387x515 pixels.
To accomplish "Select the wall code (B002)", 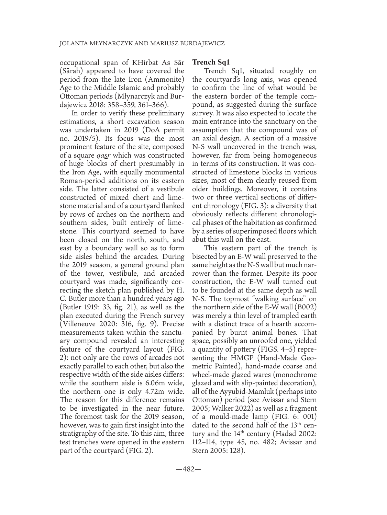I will (x=305, y=305).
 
